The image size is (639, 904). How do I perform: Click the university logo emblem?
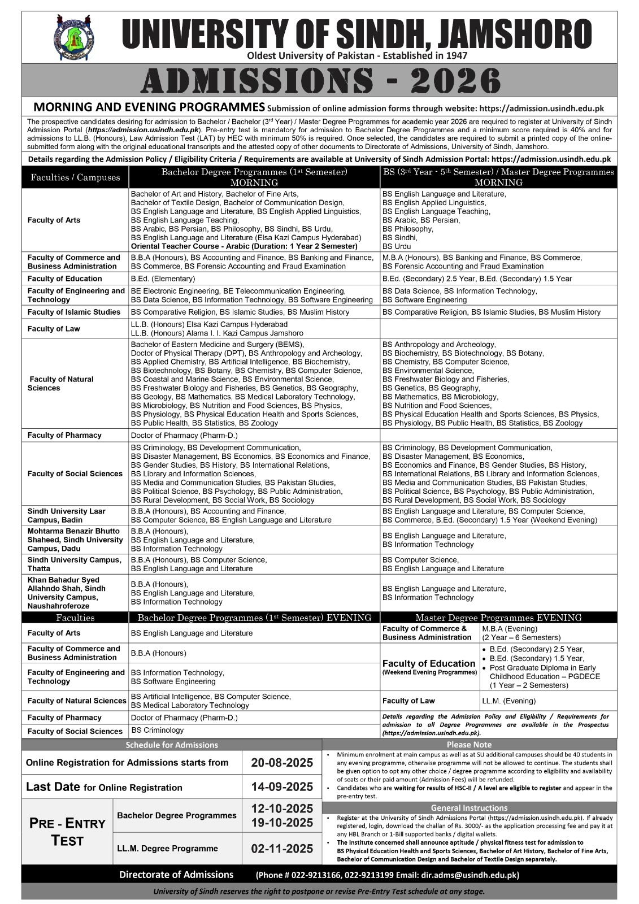coord(74,38)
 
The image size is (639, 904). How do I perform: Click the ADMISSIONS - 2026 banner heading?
coord(320,81)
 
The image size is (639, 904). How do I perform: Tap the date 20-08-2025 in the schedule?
coord(282,763)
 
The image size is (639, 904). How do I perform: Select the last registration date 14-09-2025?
coord(282,787)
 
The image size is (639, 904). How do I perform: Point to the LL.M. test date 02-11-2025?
coord(282,848)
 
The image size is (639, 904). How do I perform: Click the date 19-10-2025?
coord(282,823)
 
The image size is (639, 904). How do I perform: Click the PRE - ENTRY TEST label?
coord(67,832)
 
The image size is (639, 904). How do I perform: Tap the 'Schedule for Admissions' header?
coord(171,745)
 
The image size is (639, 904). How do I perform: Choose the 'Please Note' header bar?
coord(469,745)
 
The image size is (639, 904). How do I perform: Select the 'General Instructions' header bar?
coord(469,808)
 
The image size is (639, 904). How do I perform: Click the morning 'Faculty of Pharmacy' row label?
coord(64,435)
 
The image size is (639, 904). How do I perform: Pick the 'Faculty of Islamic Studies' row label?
coord(74,312)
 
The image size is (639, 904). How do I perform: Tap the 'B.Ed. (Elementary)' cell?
coord(163,279)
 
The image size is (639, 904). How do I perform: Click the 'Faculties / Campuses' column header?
coord(75,177)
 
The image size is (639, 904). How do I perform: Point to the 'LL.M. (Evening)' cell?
coord(508,701)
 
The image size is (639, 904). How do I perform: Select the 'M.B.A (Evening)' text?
coord(510,628)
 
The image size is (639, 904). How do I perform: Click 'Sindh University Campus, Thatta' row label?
coord(74,564)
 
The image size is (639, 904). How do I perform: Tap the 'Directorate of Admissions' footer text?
coord(176,875)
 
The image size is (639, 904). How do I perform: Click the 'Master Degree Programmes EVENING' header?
coord(498,618)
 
